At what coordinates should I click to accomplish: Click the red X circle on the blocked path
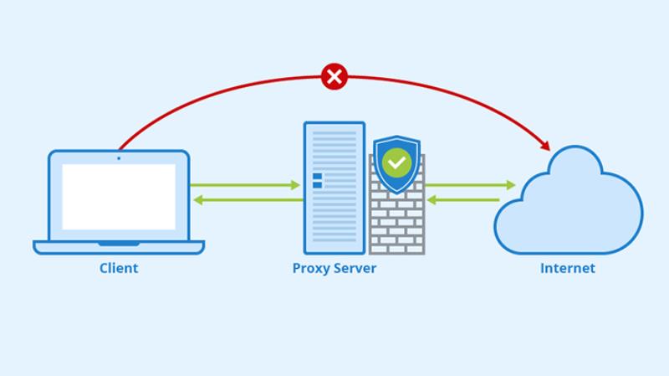coord(334,77)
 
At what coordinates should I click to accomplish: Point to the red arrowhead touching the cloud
coord(544,143)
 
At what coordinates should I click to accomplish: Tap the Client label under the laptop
coord(119,269)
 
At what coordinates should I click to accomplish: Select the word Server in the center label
coord(355,269)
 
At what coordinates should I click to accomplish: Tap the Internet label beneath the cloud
coord(568,269)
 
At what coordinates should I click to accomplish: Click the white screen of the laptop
coord(119,197)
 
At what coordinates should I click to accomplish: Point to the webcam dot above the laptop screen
coord(119,157)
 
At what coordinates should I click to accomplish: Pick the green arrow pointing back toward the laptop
coord(247,200)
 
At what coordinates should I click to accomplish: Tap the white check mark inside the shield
coord(396,162)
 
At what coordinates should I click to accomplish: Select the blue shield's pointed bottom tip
coord(396,193)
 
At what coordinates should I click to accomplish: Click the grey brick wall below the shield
coord(396,226)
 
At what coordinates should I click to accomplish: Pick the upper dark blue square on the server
coord(318,177)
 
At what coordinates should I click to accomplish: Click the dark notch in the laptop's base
coord(119,244)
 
